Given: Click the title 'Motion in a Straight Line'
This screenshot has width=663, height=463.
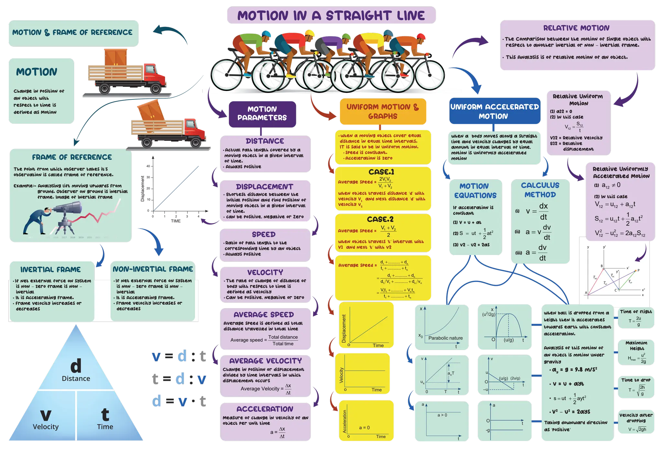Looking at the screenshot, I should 331,16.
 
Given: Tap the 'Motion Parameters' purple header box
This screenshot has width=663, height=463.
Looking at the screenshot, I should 262,113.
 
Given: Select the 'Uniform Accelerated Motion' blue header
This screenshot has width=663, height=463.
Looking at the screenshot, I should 494,111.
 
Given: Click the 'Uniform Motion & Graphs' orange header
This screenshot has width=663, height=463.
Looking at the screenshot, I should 383,111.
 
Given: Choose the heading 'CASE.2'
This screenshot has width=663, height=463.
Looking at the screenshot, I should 380,219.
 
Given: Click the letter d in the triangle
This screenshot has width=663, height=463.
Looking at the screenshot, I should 76,366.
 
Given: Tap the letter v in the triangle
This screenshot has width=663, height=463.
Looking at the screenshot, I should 46,414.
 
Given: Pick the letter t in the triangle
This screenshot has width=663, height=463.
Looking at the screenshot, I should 105,414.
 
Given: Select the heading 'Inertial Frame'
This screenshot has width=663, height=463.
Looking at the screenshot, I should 51,269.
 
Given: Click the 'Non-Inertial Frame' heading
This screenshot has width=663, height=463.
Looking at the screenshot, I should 153,269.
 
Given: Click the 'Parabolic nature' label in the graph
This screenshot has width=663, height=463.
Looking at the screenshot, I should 445,338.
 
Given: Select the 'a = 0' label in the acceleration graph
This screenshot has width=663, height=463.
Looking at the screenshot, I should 364,428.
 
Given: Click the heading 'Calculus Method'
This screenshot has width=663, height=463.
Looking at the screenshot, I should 540,190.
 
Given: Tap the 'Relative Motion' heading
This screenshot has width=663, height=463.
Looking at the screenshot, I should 576,28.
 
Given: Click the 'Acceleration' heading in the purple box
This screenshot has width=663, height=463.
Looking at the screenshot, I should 265,409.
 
